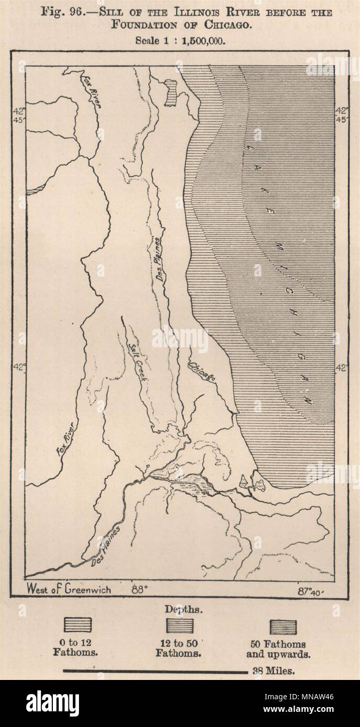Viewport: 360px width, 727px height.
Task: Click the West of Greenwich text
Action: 69,589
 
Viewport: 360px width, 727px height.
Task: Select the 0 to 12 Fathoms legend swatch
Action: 77,625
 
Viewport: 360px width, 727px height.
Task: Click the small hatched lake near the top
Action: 171,93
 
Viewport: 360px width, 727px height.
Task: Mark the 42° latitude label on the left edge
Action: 19,368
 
